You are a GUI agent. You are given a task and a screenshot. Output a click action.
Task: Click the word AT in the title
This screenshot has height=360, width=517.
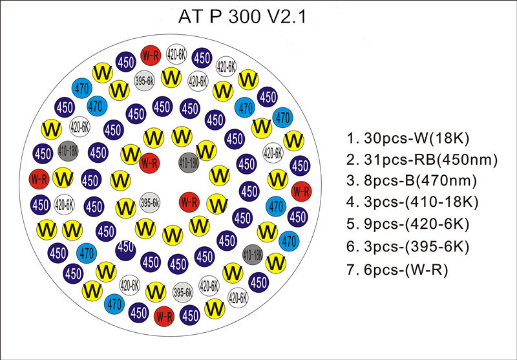tap(190, 17)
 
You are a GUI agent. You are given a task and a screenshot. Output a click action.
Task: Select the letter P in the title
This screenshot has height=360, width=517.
tap(215, 17)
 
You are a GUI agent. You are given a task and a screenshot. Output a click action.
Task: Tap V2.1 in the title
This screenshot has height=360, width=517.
tap(288, 17)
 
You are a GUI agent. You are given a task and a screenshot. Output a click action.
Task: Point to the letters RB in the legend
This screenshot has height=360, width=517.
tap(425, 160)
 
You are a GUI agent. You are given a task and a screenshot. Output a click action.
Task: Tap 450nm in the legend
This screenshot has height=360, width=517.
tap(466, 160)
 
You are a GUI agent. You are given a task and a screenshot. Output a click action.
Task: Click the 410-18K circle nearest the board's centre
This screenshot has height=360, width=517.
tap(189, 162)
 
